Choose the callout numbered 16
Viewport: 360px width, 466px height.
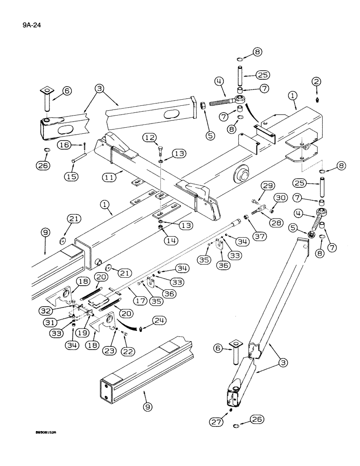(66, 145)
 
